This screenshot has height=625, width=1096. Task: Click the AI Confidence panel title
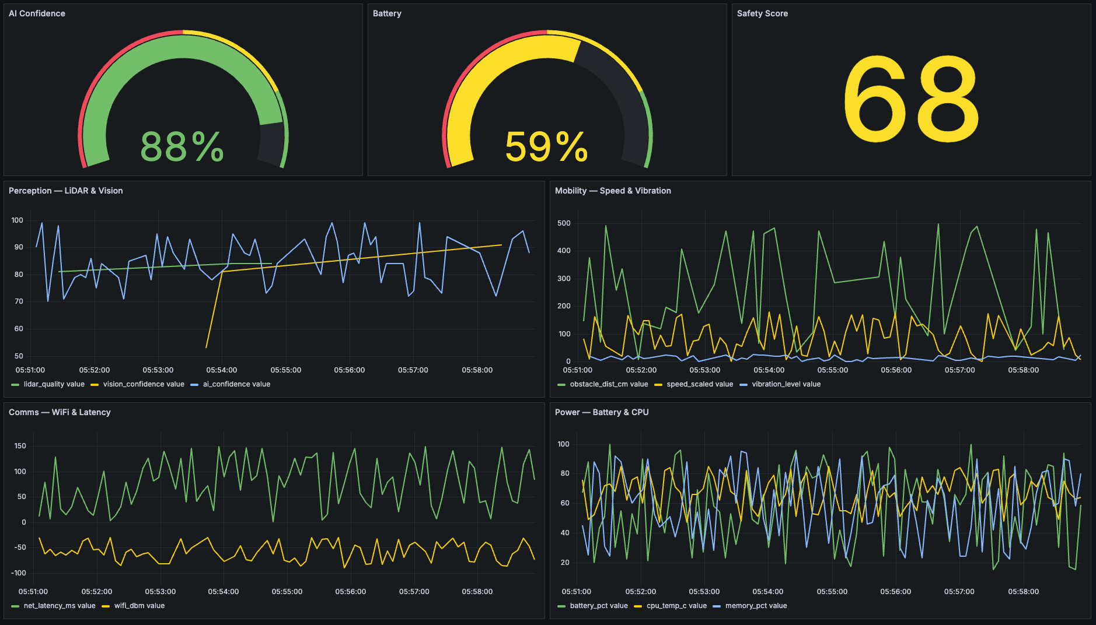(x=37, y=13)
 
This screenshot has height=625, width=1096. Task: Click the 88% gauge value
(x=182, y=147)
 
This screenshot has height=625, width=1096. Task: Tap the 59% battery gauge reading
(x=546, y=147)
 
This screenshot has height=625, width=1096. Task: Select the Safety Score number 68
(x=911, y=100)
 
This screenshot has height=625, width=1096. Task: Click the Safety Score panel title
(x=762, y=13)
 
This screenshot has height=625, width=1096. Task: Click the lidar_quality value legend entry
(x=54, y=384)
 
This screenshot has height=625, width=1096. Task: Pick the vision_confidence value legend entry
(x=143, y=384)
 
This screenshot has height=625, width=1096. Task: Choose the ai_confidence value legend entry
(x=236, y=384)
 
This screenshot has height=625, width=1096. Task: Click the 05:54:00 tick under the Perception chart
(x=222, y=370)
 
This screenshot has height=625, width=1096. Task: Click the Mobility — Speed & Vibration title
(x=613, y=191)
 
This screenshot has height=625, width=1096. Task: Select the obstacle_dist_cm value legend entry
(x=609, y=384)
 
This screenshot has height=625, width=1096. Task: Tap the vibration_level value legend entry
(x=786, y=384)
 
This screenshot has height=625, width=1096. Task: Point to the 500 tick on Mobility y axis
(x=564, y=223)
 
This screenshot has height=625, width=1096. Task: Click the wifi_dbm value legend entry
(x=139, y=606)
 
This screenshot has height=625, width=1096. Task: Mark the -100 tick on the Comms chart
(x=19, y=573)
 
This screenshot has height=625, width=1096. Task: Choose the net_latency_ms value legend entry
(x=59, y=606)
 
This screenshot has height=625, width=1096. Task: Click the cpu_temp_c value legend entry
(x=676, y=606)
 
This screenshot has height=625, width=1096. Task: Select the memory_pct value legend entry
(x=756, y=606)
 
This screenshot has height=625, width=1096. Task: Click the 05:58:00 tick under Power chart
(x=1023, y=592)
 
